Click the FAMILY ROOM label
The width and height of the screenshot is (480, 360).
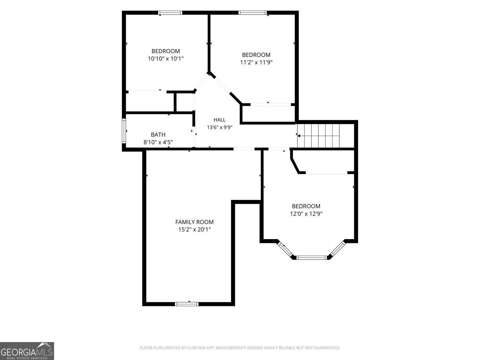pos(195,222)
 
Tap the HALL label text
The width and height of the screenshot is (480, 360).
pos(220,120)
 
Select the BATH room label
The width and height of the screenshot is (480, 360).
pos(158,135)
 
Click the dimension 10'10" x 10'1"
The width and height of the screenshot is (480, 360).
pos(166,59)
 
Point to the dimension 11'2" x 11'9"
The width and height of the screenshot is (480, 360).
pos(256,62)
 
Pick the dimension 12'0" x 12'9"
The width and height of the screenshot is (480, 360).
pos(306,213)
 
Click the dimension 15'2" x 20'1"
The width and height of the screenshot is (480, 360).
pos(195,229)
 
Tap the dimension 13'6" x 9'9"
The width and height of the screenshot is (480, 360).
pos(220,127)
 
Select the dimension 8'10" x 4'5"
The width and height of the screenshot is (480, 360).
pos(158,142)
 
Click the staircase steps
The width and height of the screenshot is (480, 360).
pos(318,136)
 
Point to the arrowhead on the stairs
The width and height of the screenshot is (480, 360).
pos(299,136)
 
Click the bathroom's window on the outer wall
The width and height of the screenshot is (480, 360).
pos(124,131)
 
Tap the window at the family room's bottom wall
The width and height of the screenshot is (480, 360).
pos(187,304)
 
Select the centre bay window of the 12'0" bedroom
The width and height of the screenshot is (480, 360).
pos(311,258)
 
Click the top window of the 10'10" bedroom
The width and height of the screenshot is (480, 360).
pos(170,13)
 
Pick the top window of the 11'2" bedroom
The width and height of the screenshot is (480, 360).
pos(252,13)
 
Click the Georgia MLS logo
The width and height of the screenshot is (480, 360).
pos(27,351)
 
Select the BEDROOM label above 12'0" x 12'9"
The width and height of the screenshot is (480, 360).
pos(306,206)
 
